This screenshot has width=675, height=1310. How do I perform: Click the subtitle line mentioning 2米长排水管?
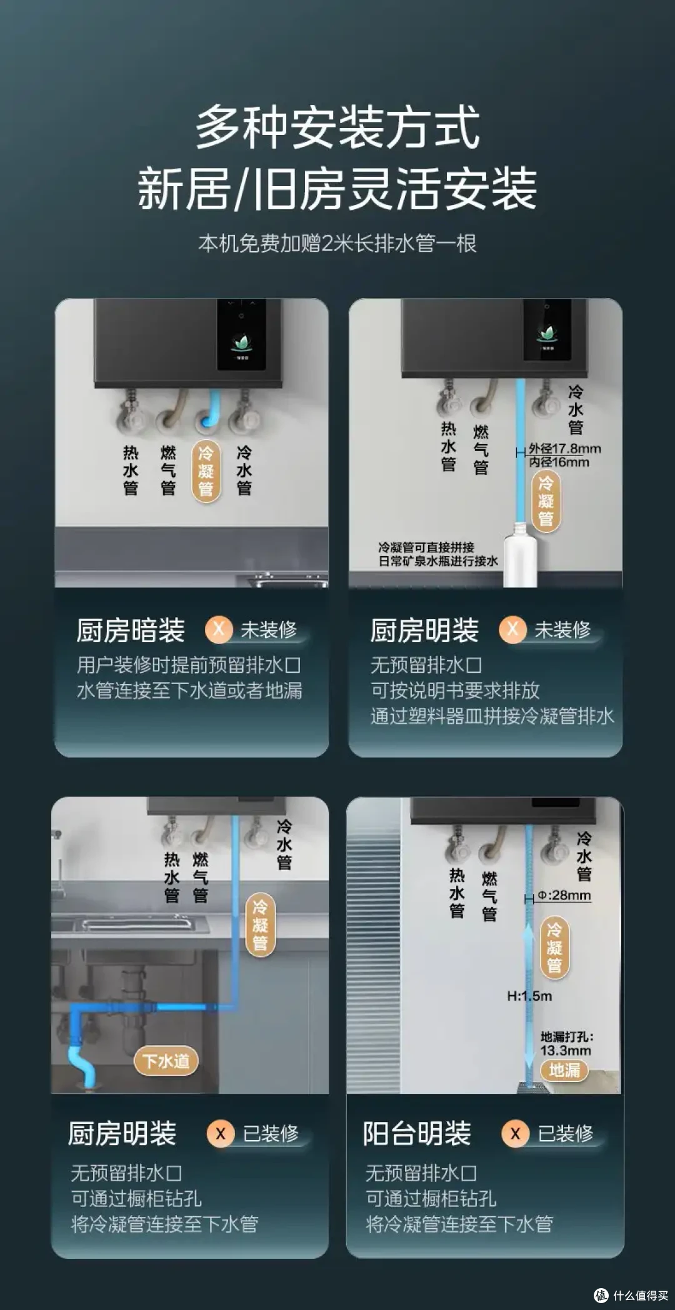point(337,243)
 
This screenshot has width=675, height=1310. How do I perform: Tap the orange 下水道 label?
point(166,1061)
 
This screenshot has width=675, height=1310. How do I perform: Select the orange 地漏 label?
point(564,1070)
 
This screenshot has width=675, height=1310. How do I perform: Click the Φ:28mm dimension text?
point(564,895)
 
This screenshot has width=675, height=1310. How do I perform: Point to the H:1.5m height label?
point(529,996)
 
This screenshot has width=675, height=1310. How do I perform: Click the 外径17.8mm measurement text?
point(564,449)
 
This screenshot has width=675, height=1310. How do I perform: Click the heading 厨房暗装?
point(131,630)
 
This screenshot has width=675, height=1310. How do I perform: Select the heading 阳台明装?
point(417,1133)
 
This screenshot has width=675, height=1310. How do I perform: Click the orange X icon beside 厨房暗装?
point(219,629)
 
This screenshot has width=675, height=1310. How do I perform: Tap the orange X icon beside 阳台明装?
point(515,1133)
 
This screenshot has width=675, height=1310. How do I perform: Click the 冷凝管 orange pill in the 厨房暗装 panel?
point(206,470)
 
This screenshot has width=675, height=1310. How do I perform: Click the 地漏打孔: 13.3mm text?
point(566,1044)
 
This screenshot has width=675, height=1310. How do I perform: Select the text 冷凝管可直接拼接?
point(426,547)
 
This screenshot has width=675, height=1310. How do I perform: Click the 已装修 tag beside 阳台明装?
point(566,1133)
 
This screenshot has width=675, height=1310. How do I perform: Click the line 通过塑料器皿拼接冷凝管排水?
point(492,716)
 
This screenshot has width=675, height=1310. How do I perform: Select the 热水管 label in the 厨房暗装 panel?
point(130,470)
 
